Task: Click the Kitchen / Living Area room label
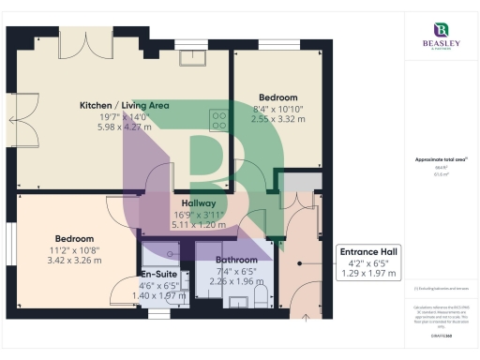coord(124,105)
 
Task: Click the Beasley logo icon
coord(440,30)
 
